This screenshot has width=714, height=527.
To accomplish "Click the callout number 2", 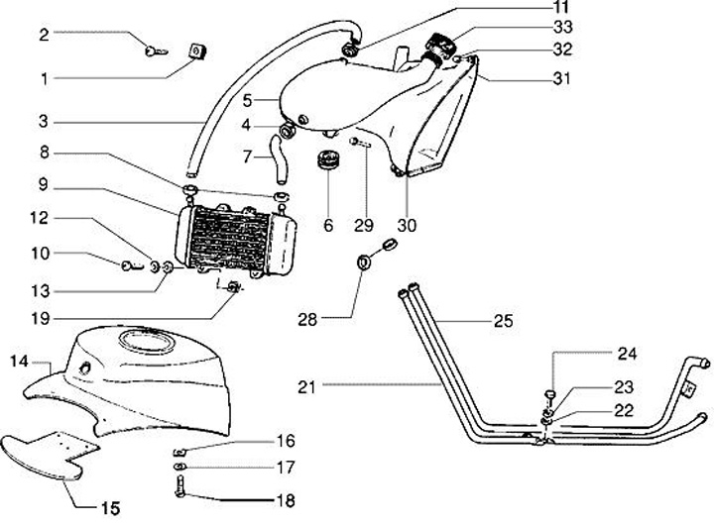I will [x=44, y=34].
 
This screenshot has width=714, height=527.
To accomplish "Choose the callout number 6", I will [x=327, y=225].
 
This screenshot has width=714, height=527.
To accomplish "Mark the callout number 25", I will [x=505, y=321].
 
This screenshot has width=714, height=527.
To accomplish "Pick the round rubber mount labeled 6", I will [x=327, y=161].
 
